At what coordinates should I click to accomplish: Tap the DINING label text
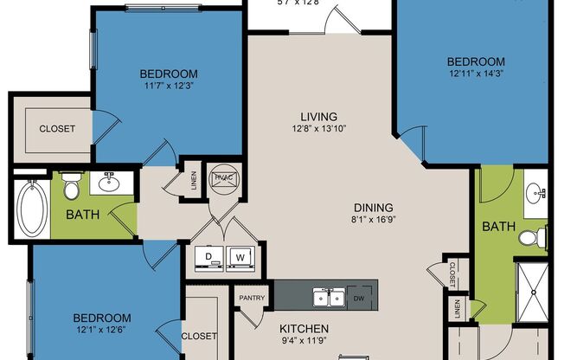coord(374,208)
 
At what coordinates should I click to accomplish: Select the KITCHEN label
coord(304,329)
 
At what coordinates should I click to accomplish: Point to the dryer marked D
coord(208,257)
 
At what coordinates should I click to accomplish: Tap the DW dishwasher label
coord(359,299)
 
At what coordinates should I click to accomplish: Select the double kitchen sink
coord(329,299)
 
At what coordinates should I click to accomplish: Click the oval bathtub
coord(31,209)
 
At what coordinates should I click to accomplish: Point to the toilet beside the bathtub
coord(72,186)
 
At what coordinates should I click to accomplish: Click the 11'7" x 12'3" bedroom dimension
coord(168,87)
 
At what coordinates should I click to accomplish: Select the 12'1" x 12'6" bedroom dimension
coord(101,331)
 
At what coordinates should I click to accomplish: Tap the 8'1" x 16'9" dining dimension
coord(374,220)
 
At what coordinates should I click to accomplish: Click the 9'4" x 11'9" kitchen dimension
coord(304,341)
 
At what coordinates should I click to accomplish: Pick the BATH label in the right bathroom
coord(498,227)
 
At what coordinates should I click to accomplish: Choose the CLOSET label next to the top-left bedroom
coord(57,128)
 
